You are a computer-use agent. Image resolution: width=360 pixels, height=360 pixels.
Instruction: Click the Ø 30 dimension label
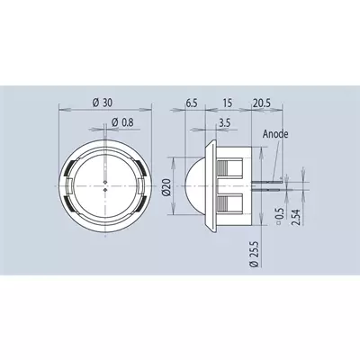103,103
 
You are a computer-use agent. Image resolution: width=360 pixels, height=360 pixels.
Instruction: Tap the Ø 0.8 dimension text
122,122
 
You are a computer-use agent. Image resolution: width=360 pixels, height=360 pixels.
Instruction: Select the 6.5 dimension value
192,103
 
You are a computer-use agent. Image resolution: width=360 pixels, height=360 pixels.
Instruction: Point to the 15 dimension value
228,103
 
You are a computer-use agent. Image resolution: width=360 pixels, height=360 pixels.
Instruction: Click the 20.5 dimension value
262,103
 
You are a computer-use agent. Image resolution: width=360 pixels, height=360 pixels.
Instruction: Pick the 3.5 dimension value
224,123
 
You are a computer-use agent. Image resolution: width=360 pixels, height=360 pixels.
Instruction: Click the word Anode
275,134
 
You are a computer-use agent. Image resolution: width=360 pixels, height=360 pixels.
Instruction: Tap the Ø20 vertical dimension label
167,187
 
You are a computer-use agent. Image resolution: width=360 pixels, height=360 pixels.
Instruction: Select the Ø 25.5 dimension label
255,254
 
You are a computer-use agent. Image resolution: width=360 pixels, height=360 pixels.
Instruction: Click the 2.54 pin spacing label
295,218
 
